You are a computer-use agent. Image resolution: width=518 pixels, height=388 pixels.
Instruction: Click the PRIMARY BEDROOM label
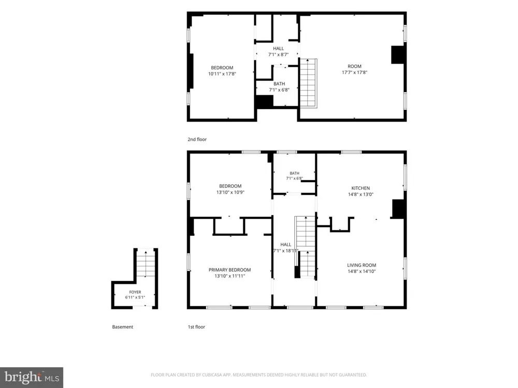pyautogui.click(x=229, y=270)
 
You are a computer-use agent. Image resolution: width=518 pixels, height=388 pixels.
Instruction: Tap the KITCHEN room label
pyautogui.click(x=361, y=188)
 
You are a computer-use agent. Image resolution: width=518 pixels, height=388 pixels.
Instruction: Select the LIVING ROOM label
pyautogui.click(x=362, y=265)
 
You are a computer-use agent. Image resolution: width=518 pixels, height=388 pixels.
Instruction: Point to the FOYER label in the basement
pyautogui.click(x=135, y=292)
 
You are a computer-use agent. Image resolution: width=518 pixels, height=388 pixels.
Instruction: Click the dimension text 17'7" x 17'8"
pyautogui.click(x=354, y=72)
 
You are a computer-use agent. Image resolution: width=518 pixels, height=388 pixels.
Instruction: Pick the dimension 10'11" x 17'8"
pyautogui.click(x=222, y=74)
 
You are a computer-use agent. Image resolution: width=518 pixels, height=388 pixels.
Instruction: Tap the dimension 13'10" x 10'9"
pyautogui.click(x=231, y=192)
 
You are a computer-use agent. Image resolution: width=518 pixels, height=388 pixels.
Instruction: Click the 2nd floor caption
pyautogui.click(x=197, y=139)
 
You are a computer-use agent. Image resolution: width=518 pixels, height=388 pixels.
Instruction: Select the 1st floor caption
pyautogui.click(x=196, y=326)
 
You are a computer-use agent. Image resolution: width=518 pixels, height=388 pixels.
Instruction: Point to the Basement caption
pyautogui.click(x=123, y=326)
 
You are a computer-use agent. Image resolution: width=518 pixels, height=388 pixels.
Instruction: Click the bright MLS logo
pyautogui.click(x=32, y=378)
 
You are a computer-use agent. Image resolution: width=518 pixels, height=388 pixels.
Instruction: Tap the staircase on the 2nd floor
pyautogui.click(x=309, y=83)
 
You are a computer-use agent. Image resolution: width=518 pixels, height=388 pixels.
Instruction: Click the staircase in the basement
pyautogui.click(x=146, y=263)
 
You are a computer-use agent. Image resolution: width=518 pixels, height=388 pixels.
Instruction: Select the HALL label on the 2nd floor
pyautogui.click(x=278, y=49)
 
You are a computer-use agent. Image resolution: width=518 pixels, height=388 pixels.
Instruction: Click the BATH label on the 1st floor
pyautogui.click(x=294, y=173)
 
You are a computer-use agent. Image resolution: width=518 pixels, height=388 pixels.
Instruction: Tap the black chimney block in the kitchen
pyautogui.click(x=399, y=208)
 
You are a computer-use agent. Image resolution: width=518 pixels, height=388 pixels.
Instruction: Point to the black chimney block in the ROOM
pyautogui.click(x=398, y=54)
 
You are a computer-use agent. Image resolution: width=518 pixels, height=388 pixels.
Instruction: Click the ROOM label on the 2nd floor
pyautogui.click(x=354, y=66)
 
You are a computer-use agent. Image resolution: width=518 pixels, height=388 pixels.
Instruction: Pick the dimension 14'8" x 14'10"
pyautogui.click(x=362, y=272)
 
